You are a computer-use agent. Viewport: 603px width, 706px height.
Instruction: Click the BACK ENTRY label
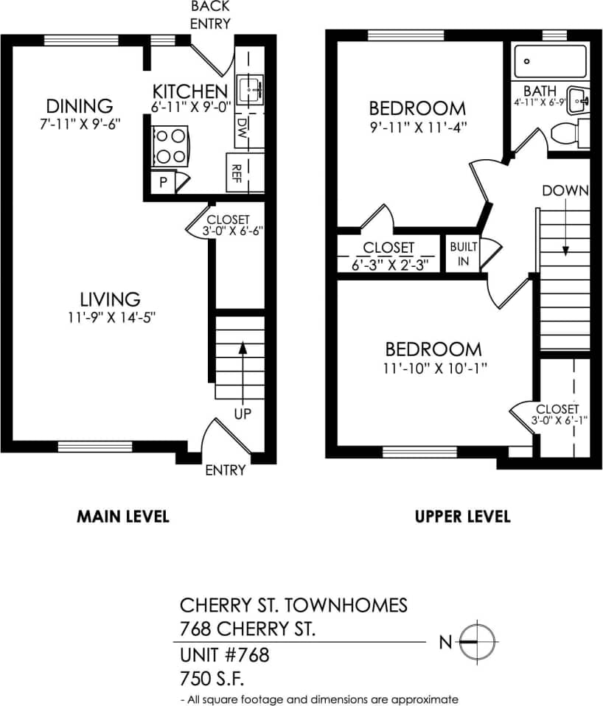(x=210, y=15)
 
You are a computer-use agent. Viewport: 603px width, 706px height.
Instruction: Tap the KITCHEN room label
(x=189, y=91)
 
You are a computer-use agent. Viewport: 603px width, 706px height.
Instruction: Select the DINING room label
(x=79, y=105)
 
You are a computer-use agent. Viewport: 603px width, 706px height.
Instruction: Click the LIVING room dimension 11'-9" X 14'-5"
(x=111, y=318)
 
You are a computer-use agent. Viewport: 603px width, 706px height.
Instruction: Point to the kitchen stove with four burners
(x=170, y=146)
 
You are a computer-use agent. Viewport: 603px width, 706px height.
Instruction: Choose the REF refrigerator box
(x=236, y=173)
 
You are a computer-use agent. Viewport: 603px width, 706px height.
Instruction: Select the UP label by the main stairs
(x=243, y=413)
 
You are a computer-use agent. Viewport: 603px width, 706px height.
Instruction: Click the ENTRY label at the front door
(x=225, y=470)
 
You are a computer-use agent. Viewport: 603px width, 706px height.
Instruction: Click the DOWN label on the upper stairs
(x=565, y=191)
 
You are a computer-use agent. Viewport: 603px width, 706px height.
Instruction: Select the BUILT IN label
(x=464, y=254)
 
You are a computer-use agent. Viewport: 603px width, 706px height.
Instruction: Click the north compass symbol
(x=477, y=642)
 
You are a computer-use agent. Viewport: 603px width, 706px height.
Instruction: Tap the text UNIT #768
(x=225, y=654)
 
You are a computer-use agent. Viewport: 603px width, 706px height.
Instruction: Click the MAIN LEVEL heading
(x=123, y=516)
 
